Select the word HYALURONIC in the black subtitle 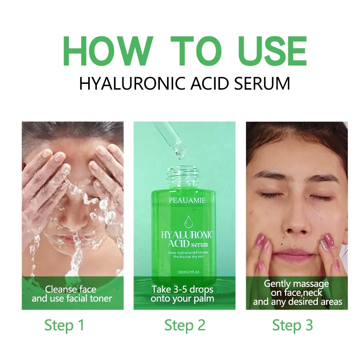click(x=133, y=84)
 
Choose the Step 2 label click(x=185, y=325)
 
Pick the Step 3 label click(x=292, y=325)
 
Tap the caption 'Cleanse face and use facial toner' click(x=72, y=294)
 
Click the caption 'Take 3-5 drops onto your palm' click(x=183, y=294)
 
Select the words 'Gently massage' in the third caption click(x=296, y=284)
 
